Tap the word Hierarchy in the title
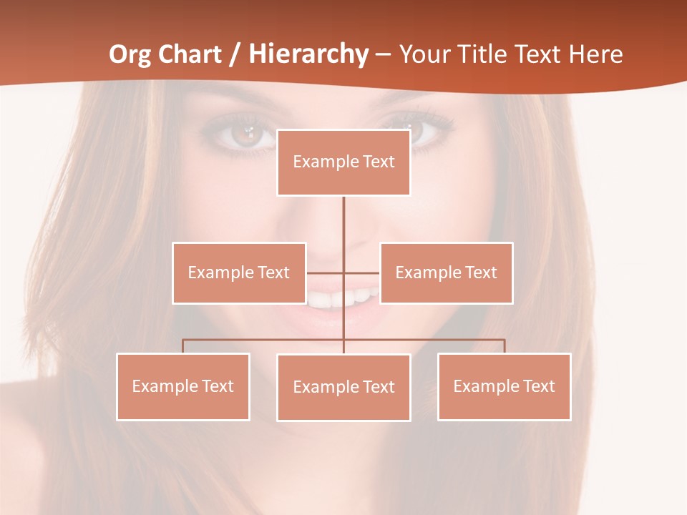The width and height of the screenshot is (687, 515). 308,54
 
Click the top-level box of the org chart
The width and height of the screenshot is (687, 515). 343,162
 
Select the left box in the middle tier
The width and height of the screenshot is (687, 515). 239,273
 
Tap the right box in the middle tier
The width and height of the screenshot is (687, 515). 446,273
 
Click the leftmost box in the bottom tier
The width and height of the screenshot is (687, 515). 183,386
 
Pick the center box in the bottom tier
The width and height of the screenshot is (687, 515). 343,387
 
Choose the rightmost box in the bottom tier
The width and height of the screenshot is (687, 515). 504,386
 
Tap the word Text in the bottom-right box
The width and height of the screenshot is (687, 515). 539,386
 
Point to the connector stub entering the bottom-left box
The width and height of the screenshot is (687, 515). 183,346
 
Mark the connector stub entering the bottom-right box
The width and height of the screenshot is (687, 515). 505,346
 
